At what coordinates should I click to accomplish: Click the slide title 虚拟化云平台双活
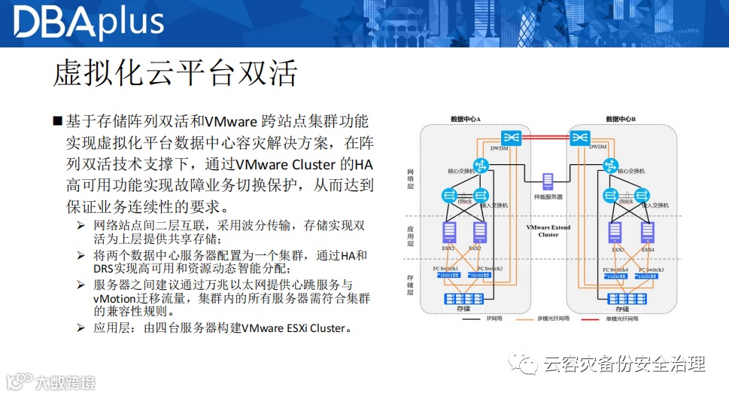176,73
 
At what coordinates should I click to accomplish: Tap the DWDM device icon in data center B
579,138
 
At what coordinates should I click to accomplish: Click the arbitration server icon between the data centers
548,181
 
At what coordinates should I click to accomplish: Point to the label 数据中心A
465,119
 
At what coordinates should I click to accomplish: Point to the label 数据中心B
621,119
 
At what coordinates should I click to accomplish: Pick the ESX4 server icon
648,232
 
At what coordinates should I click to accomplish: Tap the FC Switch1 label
447,269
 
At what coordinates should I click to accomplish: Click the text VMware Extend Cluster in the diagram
548,231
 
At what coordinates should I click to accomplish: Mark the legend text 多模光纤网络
554,318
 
